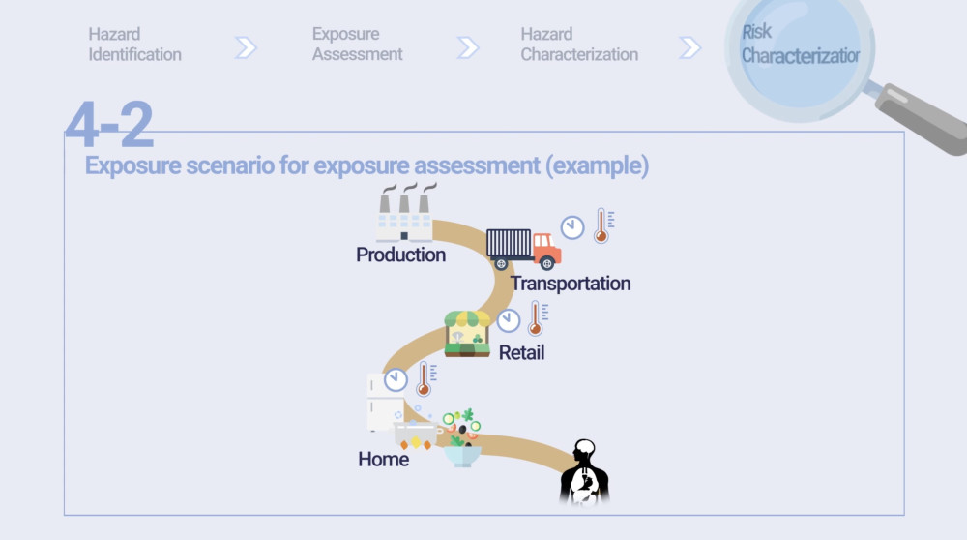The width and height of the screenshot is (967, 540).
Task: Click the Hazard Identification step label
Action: coord(134,45)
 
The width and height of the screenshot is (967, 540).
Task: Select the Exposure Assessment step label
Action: coord(357,45)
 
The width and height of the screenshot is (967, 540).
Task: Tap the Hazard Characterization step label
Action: coord(579,45)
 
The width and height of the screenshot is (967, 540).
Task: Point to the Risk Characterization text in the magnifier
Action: coord(800,45)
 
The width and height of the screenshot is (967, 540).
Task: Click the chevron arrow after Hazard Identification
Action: coord(246,47)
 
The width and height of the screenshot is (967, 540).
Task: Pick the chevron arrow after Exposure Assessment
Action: coord(467,47)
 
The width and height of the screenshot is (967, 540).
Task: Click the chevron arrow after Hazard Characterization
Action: coord(689,47)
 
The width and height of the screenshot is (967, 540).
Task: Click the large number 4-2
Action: coord(109,124)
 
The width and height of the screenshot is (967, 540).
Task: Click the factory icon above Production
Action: coord(405,212)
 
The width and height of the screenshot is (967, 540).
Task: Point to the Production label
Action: coord(401,255)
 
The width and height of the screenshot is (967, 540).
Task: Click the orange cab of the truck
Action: coord(546,251)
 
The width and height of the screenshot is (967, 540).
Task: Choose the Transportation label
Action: coord(571,284)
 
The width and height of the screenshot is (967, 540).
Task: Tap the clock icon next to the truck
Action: coord(572,227)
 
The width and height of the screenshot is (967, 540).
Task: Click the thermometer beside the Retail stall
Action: coord(537,318)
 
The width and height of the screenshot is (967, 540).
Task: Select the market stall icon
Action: coord(467,334)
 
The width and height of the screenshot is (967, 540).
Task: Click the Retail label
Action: coord(522,352)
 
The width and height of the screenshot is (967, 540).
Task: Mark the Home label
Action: coord(384,459)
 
